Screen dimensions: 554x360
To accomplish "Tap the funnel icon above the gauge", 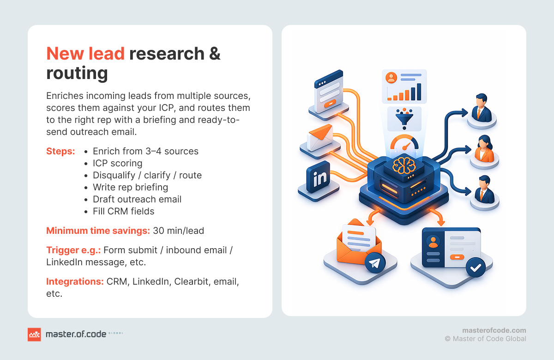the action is [x=404, y=119].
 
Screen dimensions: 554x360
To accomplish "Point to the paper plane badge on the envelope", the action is [x=375, y=262].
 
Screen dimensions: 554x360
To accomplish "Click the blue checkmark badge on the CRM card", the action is [x=476, y=268].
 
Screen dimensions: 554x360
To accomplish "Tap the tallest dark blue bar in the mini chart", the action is [x=419, y=92].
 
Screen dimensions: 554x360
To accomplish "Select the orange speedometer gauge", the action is [x=404, y=142].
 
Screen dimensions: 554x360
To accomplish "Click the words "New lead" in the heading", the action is [x=85, y=54].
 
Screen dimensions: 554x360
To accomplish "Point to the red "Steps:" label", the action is [x=60, y=151].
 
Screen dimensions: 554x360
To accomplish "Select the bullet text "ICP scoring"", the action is [x=117, y=163].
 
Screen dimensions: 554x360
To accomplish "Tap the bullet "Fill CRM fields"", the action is [x=123, y=211].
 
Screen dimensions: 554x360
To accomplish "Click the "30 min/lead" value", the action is [x=178, y=231].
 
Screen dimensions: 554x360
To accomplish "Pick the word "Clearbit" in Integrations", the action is [x=191, y=281].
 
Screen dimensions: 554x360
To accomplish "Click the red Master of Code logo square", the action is [x=34, y=335].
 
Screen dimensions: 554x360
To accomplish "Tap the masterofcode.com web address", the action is [x=494, y=330].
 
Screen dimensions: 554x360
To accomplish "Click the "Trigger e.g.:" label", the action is [x=73, y=250].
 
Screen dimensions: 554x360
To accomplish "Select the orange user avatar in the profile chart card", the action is [x=391, y=78].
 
